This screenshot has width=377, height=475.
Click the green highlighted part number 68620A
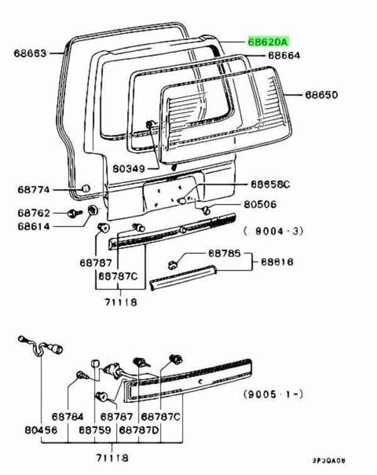[x=268, y=42]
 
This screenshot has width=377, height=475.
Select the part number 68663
[x=30, y=53]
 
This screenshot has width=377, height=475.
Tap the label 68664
[x=284, y=55]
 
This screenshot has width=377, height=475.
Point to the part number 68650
[x=322, y=96]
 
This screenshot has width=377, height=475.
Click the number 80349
[x=129, y=169]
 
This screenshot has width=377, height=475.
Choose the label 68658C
[x=271, y=184]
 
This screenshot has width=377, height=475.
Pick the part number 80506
[x=260, y=204]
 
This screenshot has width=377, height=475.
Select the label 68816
[x=277, y=261]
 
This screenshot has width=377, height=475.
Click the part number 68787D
[x=139, y=430]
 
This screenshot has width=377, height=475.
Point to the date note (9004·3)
[x=274, y=231]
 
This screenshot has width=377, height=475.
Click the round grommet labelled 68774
[x=85, y=188]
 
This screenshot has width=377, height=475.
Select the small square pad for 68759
[x=95, y=363]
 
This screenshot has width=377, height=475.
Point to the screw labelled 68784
[x=81, y=375]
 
